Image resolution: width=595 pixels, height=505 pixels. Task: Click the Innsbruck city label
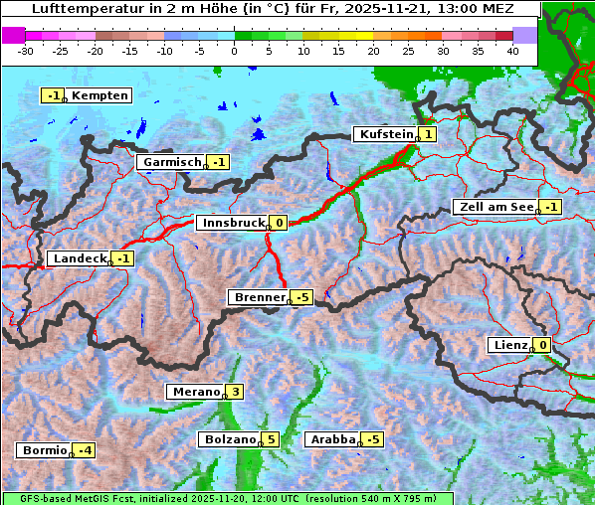tap(231, 223)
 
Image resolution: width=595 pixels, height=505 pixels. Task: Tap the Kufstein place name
tap(384, 134)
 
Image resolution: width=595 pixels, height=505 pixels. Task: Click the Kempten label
tap(99, 95)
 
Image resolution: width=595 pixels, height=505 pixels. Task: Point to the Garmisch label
tap(170, 162)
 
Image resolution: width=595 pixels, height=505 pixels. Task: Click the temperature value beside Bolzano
tap(271, 439)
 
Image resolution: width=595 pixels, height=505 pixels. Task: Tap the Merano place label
tap(194, 392)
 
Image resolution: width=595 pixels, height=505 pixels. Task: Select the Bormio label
tap(43, 450)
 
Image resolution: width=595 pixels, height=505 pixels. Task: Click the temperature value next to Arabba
tap(373, 439)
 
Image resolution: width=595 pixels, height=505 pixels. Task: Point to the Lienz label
tap(509, 345)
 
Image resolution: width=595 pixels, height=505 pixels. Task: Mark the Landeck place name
tap(79, 258)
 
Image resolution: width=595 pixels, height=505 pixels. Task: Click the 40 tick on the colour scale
tap(512, 51)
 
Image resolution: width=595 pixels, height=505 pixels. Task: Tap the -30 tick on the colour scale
tap(26, 51)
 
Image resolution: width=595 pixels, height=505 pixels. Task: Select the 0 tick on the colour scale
tap(234, 51)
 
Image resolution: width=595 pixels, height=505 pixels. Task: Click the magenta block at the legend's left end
tap(13, 35)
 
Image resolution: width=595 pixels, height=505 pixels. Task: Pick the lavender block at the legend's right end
tap(524, 35)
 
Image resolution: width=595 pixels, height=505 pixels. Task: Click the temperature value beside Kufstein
tap(427, 134)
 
